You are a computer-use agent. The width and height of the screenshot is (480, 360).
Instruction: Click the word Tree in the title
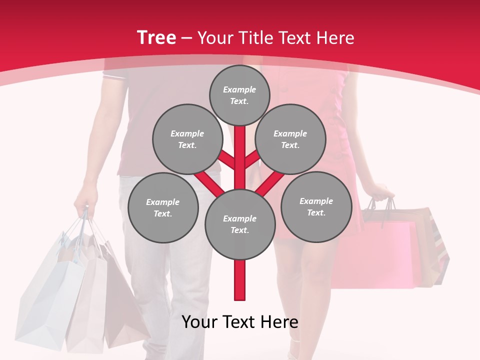tap(156, 37)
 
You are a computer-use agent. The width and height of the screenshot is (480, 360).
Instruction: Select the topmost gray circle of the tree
tap(239, 95)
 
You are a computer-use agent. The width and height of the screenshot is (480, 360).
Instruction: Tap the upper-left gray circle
tap(187, 139)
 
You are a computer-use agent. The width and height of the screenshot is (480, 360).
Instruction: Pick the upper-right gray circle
tap(290, 139)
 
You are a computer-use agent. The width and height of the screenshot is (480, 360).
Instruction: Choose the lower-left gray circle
tap(163, 207)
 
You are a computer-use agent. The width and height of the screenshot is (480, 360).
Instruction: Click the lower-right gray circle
tap(316, 206)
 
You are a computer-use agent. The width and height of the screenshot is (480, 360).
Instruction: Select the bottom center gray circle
tap(240, 224)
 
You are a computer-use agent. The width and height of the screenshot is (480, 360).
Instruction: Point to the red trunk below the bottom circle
tap(240, 280)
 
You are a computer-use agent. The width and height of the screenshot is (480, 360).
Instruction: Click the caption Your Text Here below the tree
tap(240, 322)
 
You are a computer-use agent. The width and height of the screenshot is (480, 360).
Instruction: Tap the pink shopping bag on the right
tap(380, 255)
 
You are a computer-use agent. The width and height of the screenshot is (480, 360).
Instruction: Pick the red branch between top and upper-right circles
tap(252, 160)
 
